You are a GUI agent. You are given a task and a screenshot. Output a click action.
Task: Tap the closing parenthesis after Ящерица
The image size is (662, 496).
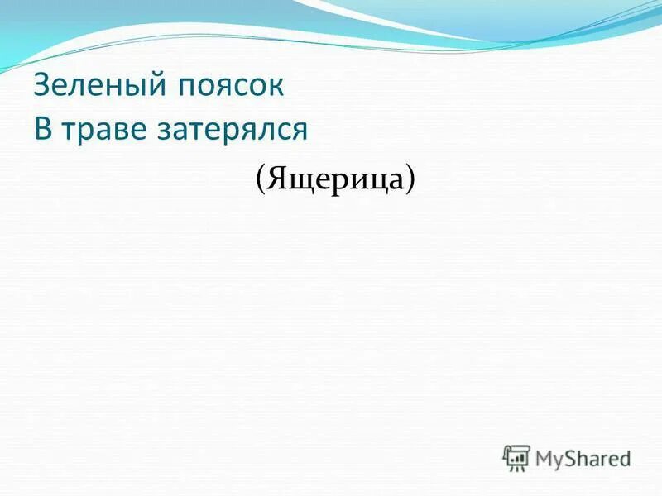point(410,178)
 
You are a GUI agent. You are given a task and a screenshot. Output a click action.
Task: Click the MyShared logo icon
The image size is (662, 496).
point(517,457)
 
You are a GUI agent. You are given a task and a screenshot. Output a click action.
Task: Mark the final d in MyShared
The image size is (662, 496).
point(626,457)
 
